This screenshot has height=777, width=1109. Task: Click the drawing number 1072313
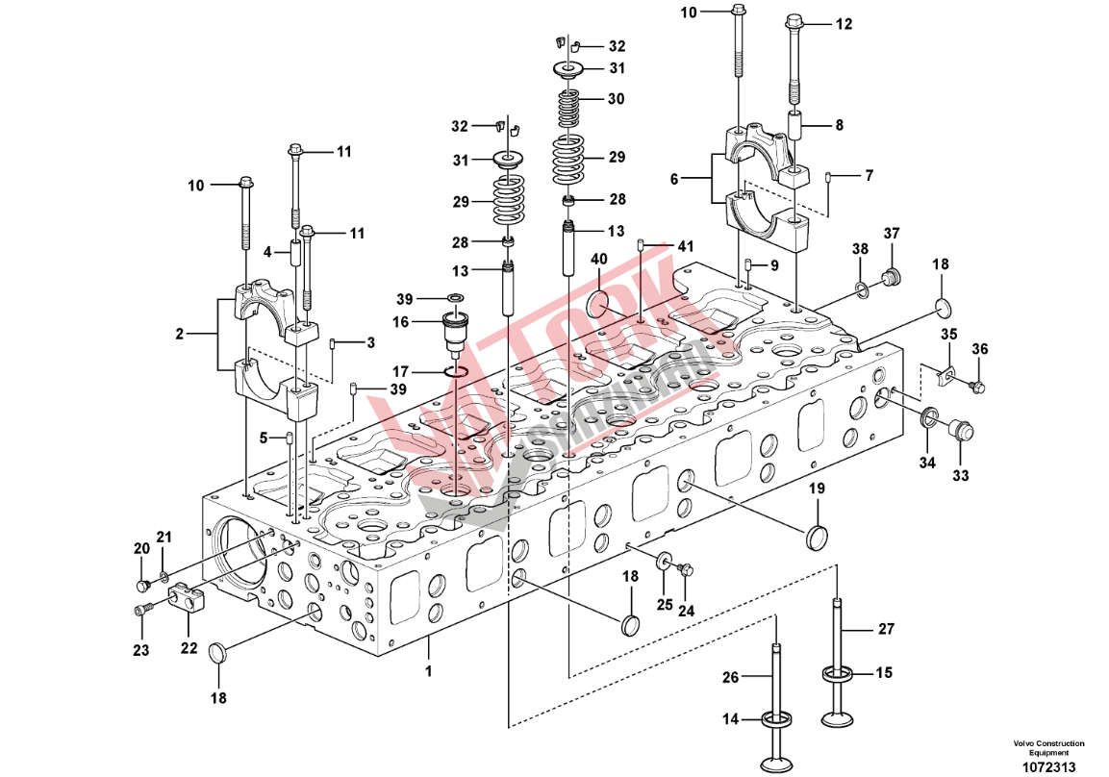tap(1047, 766)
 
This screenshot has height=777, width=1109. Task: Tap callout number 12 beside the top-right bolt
tap(844, 25)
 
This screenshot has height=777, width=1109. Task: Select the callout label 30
tap(616, 99)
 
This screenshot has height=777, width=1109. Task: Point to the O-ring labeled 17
tap(456, 372)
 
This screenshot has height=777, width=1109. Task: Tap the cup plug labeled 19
tap(816, 539)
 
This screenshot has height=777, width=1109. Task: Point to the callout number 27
tap(885, 629)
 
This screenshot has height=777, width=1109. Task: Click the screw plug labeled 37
tap(892, 279)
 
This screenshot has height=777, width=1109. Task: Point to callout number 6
tap(673, 179)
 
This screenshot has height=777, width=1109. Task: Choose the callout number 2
tap(179, 334)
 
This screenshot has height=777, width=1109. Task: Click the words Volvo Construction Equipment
tap(1047, 748)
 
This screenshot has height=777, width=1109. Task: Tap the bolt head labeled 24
tap(687, 571)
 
